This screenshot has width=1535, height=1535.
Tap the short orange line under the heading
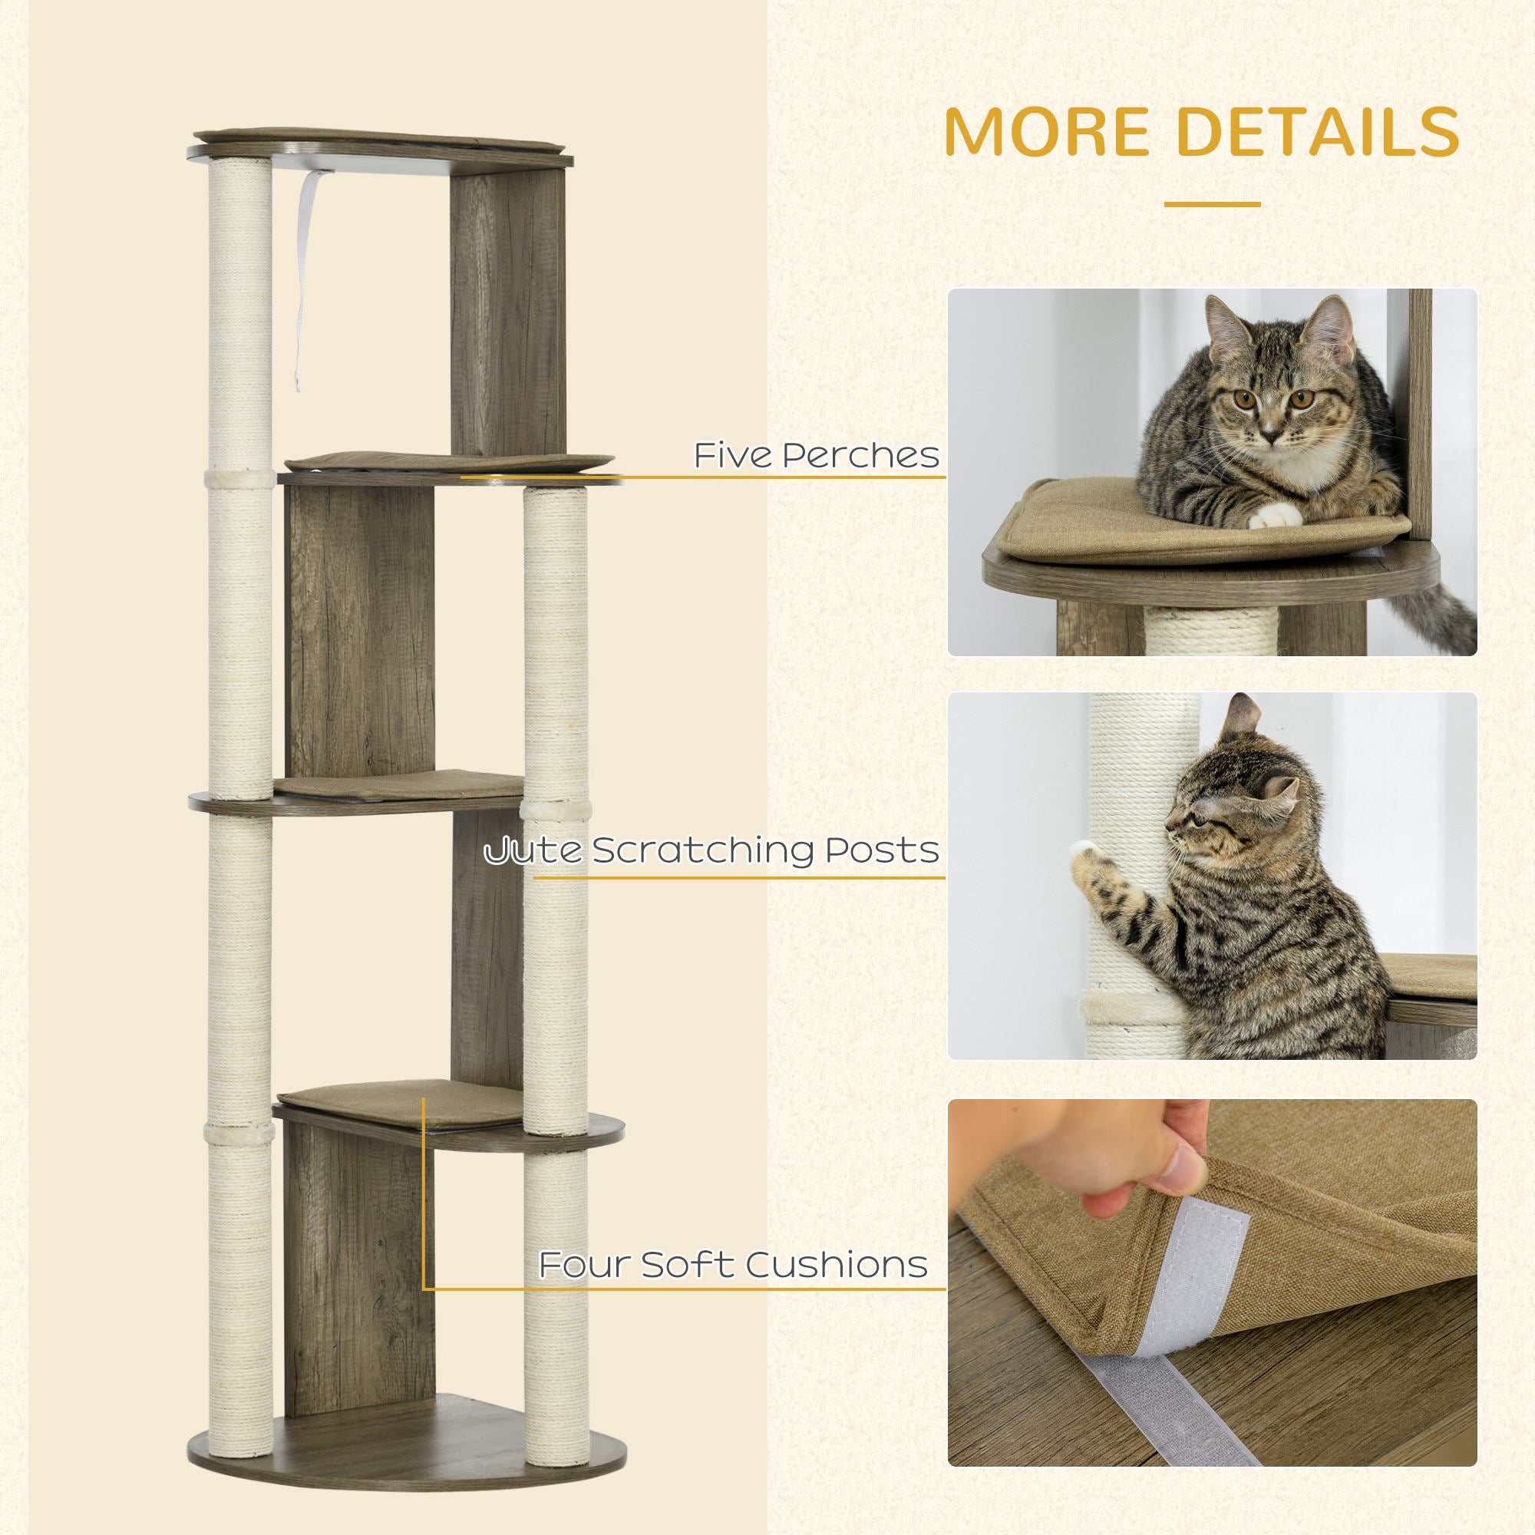pos(1212,204)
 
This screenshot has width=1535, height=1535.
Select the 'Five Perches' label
pos(817,455)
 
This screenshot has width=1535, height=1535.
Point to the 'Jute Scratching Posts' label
pos(712,851)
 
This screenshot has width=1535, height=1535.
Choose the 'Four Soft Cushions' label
pos(733,1264)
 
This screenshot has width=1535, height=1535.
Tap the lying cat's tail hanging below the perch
pos(1438,628)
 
